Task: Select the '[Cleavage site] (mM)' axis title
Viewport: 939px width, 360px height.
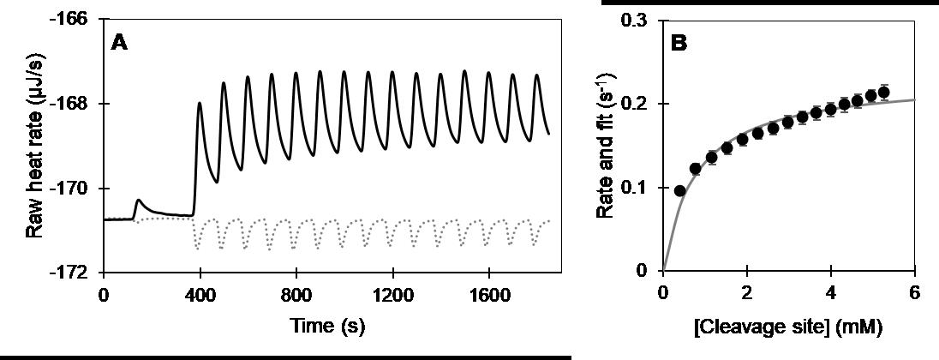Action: tap(789, 328)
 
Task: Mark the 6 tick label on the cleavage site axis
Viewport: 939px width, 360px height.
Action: tap(914, 292)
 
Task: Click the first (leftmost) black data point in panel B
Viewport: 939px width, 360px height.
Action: tap(680, 190)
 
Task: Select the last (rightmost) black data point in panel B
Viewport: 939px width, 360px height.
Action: tap(884, 93)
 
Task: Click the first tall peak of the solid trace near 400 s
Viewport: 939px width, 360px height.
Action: tap(200, 104)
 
